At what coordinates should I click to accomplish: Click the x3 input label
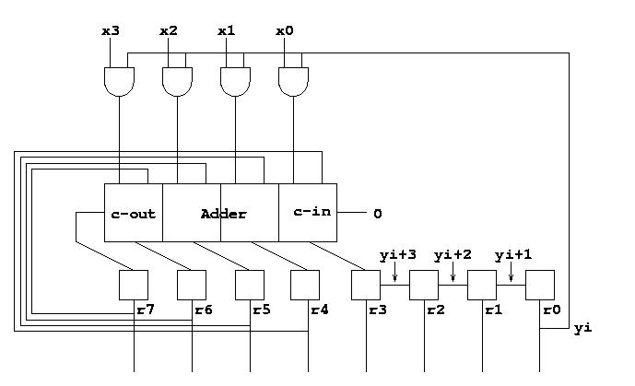point(111,31)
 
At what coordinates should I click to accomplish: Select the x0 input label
point(284,31)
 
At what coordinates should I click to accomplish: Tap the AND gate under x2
point(177,82)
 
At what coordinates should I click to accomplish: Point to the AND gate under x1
point(235,82)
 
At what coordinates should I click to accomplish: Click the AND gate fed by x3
point(119,82)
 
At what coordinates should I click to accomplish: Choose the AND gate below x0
point(293,82)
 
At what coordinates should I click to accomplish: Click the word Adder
point(224,214)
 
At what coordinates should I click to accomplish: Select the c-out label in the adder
point(134,214)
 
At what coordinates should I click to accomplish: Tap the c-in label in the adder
point(312,211)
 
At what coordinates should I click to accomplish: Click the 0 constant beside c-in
point(378,214)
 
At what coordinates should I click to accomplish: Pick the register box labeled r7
point(134,286)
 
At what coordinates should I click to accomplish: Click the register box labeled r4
point(305,286)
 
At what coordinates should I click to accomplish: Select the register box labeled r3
point(366,286)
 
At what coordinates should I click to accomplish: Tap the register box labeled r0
point(540,286)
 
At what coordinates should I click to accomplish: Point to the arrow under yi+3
point(394,272)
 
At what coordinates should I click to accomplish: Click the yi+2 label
point(453,256)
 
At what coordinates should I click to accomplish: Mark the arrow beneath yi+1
point(512,272)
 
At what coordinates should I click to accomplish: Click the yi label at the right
point(582,328)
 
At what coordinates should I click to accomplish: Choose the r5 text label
point(262,310)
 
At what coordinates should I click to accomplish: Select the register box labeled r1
point(482,286)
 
